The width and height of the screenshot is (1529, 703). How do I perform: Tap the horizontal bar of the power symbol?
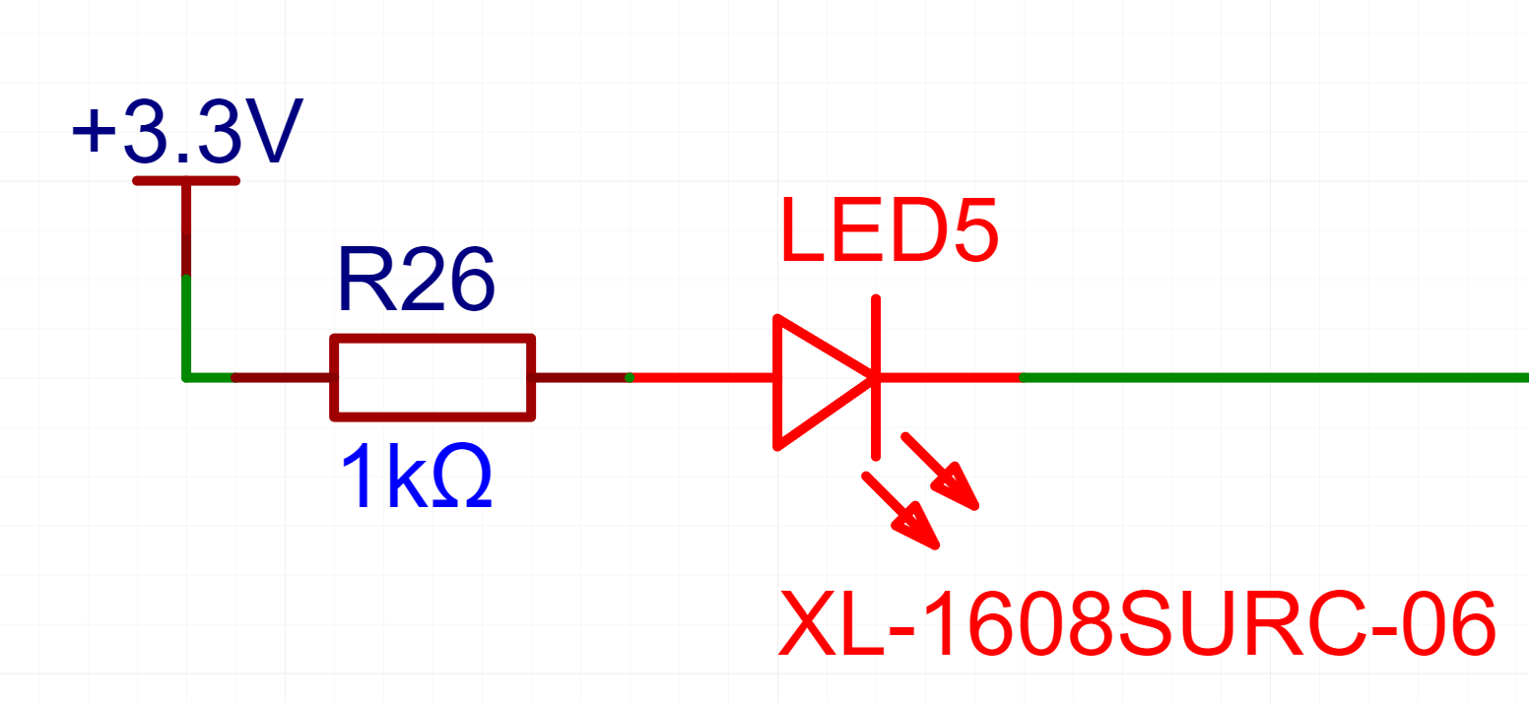186,180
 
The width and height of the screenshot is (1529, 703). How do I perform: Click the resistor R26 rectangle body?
432,378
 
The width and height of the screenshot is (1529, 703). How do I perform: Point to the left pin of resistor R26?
282,377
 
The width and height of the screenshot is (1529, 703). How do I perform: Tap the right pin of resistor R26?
581,377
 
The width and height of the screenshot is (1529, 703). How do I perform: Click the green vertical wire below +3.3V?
185,325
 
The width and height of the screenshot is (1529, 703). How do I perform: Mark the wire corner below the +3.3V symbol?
185,377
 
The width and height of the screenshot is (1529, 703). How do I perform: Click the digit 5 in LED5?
966,230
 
